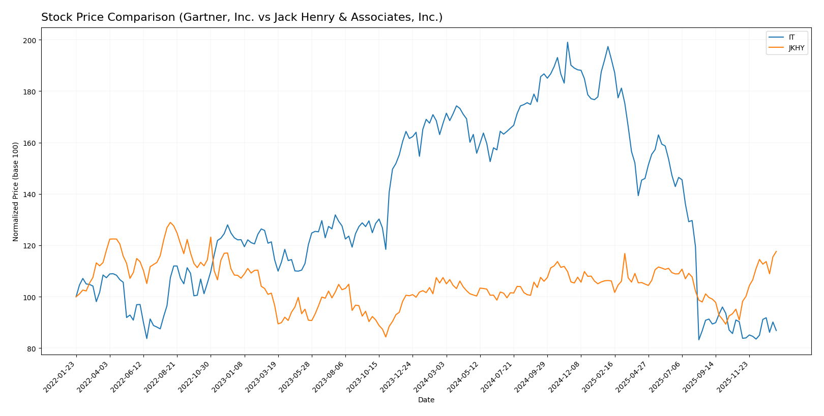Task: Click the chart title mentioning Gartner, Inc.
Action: coord(242,17)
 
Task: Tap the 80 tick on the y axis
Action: coord(32,349)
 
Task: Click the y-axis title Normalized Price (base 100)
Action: coord(16,191)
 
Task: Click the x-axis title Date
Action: coord(426,400)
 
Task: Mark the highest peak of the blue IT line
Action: coord(567,42)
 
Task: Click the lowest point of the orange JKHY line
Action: coord(386,337)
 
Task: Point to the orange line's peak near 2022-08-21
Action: coord(170,222)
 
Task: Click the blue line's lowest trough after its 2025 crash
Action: coord(699,340)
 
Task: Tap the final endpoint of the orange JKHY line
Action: coord(776,251)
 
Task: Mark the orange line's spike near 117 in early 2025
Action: coord(625,253)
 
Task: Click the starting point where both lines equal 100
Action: coord(76,297)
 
